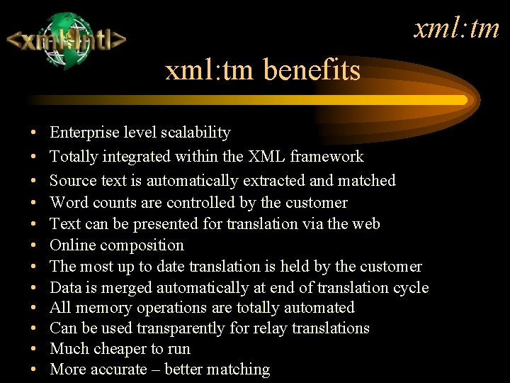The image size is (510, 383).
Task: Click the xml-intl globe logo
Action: [67, 40]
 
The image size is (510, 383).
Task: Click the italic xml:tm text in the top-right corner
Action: [457, 28]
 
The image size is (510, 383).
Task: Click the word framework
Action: [329, 157]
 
